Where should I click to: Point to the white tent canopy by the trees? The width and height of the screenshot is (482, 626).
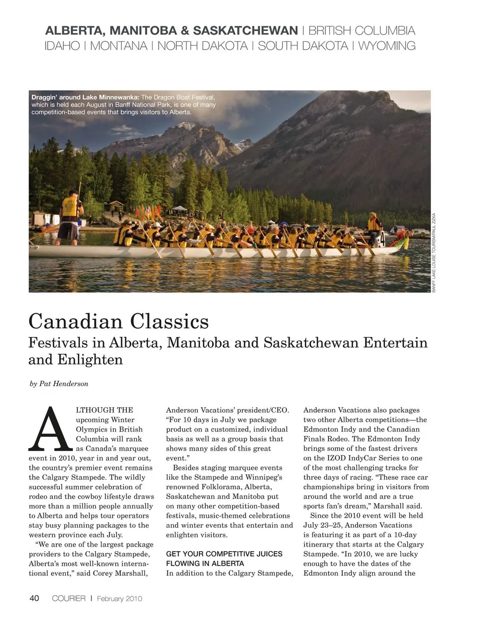click(x=180, y=208)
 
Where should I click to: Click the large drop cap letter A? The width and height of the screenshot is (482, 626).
click(x=50, y=429)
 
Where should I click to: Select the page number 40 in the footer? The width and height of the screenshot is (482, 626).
click(x=34, y=598)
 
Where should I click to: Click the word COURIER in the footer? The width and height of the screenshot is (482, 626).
click(x=68, y=598)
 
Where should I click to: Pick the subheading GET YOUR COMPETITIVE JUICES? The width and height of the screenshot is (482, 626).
click(x=224, y=554)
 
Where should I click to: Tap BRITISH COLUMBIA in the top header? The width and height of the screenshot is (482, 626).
click(x=361, y=31)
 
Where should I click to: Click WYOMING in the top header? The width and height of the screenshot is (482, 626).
click(x=387, y=46)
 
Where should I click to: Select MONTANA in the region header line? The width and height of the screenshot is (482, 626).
click(x=118, y=46)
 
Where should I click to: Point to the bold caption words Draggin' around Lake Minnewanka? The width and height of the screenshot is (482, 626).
click(x=85, y=97)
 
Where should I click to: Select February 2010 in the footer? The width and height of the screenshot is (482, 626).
click(x=119, y=598)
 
